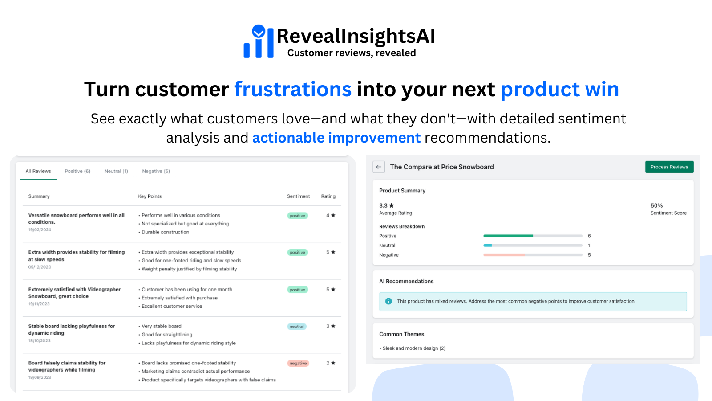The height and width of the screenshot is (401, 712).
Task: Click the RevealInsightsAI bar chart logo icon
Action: coord(259,41)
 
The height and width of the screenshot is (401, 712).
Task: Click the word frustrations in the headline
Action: coord(293,89)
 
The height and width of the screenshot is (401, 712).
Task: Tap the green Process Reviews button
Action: coord(669,167)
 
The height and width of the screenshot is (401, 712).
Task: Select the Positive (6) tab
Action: coord(77,171)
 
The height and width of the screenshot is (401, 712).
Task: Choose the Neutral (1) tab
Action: coord(116,171)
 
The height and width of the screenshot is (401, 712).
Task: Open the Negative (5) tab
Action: coord(156,171)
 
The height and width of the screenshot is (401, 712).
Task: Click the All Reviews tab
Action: coord(38,171)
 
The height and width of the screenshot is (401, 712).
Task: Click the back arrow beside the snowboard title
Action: coord(379,167)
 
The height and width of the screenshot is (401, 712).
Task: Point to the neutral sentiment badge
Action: coord(297,327)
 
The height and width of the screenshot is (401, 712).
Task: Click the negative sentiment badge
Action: coord(298,363)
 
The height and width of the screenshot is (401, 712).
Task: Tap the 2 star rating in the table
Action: coord(331,363)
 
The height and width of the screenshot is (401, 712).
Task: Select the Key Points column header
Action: coord(150,196)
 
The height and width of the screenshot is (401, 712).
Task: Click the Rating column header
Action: coord(328,196)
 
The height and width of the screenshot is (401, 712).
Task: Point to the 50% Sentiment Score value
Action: coord(656,205)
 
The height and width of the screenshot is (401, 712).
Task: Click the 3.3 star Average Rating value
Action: coord(386,205)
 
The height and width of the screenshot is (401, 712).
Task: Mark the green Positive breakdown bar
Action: coord(508,236)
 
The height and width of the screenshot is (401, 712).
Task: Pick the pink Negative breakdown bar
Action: coord(504,255)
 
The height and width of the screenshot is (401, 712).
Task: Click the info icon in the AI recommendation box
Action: coord(388,301)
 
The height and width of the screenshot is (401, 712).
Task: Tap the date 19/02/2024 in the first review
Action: coord(40,230)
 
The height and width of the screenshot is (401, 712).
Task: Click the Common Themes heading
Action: coord(401,334)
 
